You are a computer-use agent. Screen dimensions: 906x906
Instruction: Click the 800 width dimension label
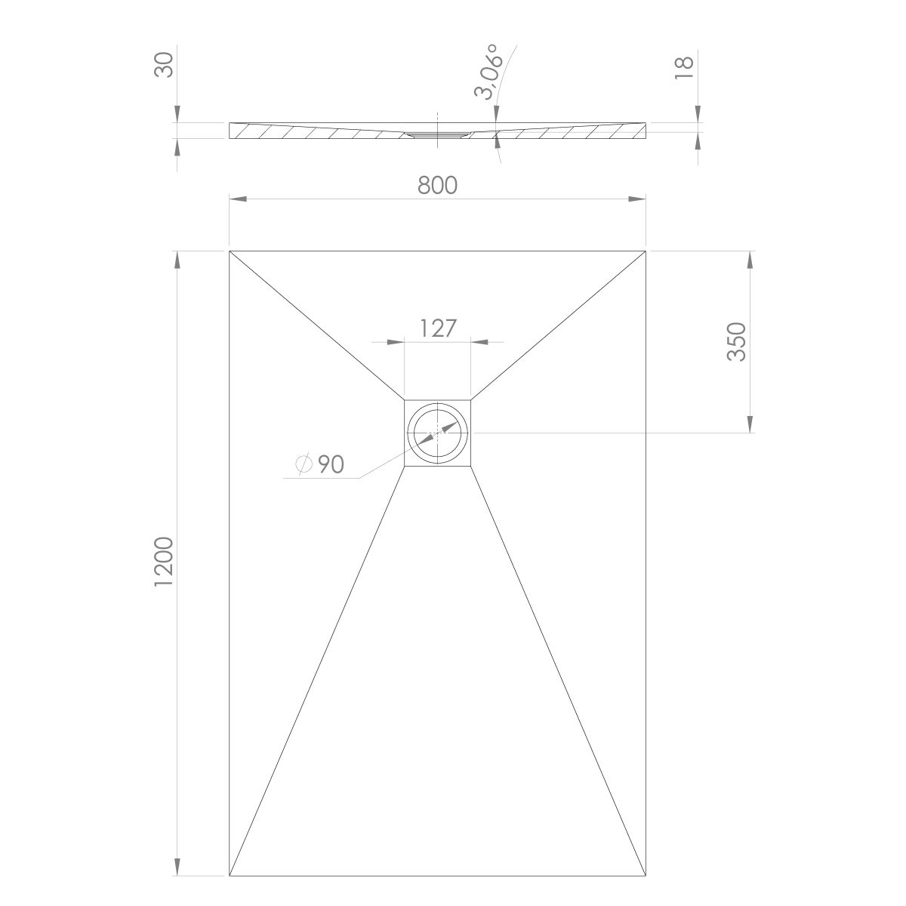tap(437, 185)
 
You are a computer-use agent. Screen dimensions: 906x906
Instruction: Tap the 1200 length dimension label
tap(164, 562)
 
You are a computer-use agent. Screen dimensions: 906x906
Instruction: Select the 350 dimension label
tap(736, 342)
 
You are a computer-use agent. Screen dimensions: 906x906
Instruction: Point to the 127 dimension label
tap(437, 328)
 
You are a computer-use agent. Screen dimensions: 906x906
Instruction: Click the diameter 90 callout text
tap(319, 464)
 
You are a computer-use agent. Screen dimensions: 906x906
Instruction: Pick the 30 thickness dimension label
tap(164, 65)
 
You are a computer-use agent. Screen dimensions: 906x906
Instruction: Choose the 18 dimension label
tap(684, 68)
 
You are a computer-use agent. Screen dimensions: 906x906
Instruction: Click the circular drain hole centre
tap(438, 433)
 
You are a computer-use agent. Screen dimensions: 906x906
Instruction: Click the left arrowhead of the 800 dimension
tap(239, 199)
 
